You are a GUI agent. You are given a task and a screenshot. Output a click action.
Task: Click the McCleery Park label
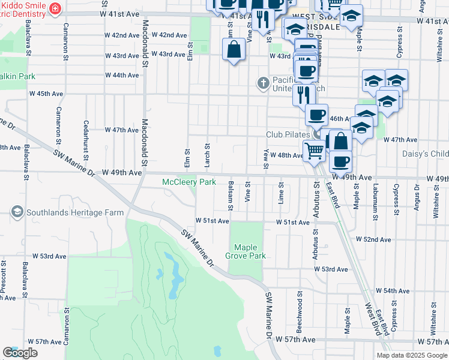pyautogui.click(x=189, y=182)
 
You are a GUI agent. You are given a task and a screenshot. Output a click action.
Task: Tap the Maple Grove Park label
pyautogui.click(x=249, y=251)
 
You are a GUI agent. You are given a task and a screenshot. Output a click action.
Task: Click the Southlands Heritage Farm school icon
pyautogui.click(x=16, y=212)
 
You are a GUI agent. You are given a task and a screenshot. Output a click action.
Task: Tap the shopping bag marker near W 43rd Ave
pyautogui.click(x=234, y=50)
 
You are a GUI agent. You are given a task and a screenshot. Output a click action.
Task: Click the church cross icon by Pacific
pyautogui.click(x=262, y=82)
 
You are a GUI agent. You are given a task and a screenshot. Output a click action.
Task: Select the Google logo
pyautogui.click(x=19, y=353)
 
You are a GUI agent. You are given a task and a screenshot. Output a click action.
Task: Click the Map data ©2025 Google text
pyautogui.click(x=411, y=355)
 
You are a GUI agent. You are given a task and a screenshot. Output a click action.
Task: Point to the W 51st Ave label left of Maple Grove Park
pyautogui.click(x=212, y=221)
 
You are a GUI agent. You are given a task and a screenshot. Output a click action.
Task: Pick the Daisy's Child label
pyautogui.click(x=425, y=154)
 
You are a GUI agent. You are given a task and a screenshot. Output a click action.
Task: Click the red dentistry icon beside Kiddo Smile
pyautogui.click(x=55, y=8)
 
